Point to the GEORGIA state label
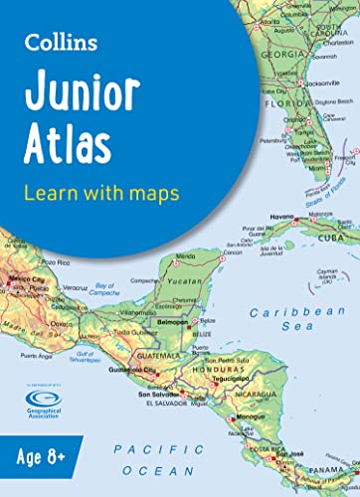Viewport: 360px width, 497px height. [282, 29]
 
